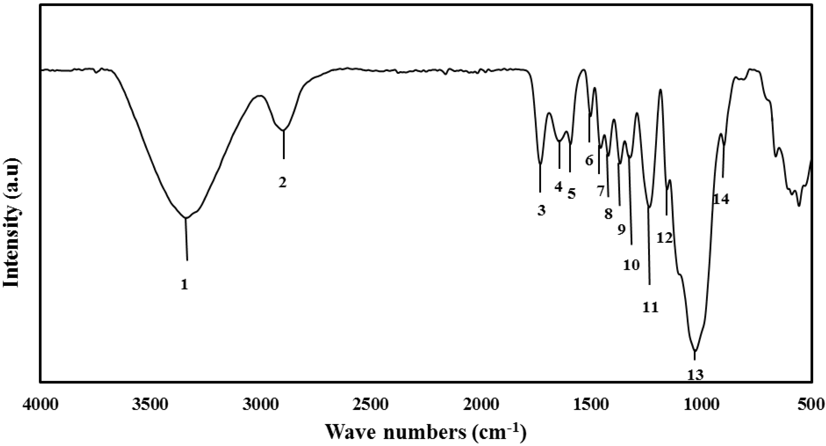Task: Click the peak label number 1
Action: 184,285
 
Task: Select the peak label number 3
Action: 541,211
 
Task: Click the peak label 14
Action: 721,199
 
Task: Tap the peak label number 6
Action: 589,160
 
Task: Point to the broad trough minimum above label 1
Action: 185,218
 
